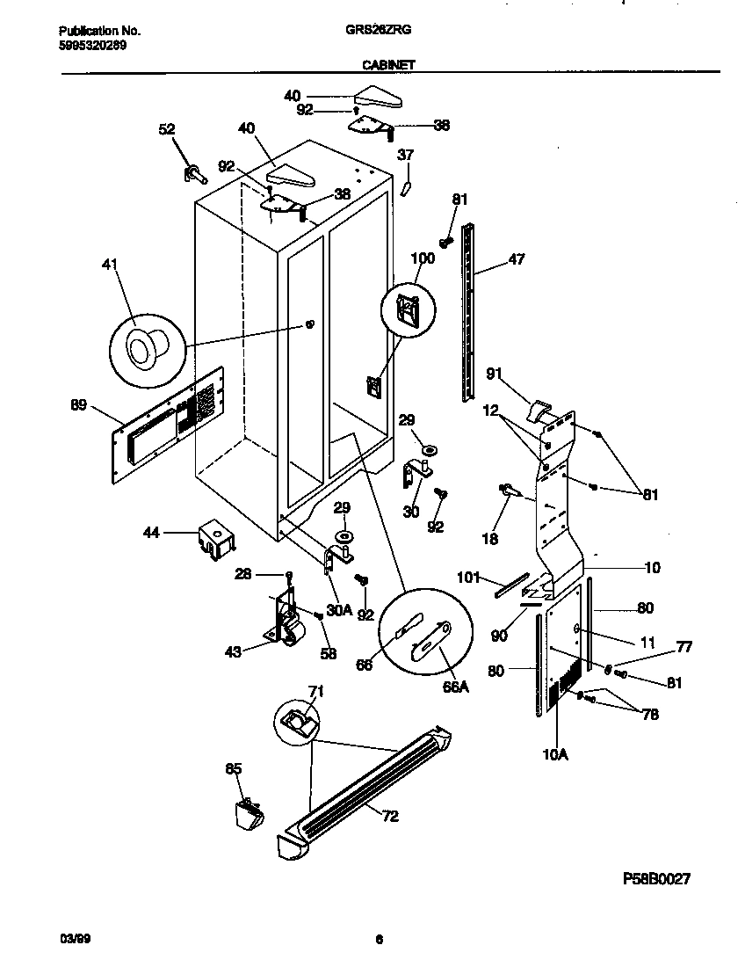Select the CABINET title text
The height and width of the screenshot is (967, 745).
[x=387, y=64]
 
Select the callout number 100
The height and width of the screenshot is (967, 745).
[x=423, y=258]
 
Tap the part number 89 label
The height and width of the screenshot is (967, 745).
[x=79, y=405]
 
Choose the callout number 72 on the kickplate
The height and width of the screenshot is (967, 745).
[x=390, y=817]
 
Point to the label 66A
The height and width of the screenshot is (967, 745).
[x=455, y=687]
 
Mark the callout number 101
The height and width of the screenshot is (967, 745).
[x=470, y=578]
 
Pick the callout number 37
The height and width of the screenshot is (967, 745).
[x=405, y=156]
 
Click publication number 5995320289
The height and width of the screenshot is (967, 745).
[x=85, y=46]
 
